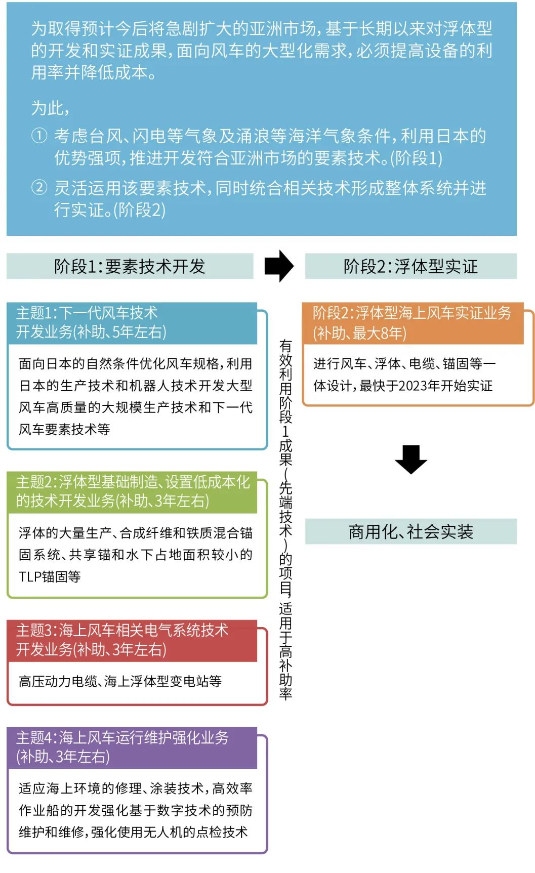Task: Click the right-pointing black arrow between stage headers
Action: point(279,266)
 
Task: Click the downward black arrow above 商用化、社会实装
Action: point(410,459)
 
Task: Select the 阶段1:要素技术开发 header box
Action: point(130,266)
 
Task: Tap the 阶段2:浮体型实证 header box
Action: point(410,266)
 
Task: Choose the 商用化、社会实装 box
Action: point(410,531)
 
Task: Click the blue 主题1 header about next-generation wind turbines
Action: point(132,322)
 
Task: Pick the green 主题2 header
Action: point(132,491)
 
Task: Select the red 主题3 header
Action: point(132,640)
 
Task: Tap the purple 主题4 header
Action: point(132,747)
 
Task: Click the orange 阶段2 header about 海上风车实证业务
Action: point(412,323)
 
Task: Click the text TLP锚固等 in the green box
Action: point(50,577)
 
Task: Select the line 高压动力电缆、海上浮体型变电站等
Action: point(120,682)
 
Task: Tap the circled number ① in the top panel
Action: point(39,136)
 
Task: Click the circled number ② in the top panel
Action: point(39,188)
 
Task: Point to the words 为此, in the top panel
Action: point(50,108)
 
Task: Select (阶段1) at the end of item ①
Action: point(416,158)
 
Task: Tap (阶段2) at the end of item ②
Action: point(139,210)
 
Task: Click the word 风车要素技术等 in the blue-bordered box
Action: point(64,430)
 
